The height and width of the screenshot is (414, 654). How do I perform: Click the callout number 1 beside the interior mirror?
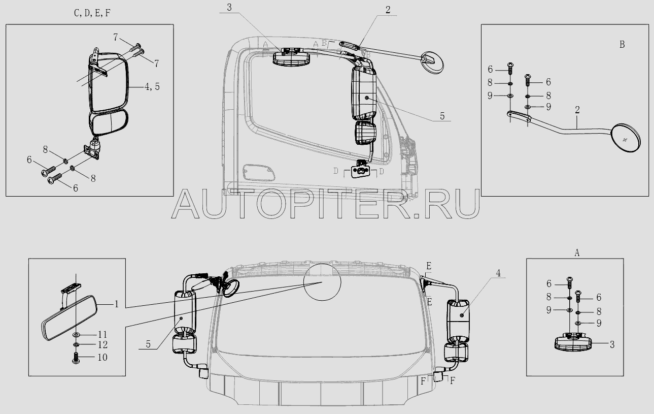click(x=117, y=304)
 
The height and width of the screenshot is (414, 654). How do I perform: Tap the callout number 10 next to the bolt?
click(x=102, y=357)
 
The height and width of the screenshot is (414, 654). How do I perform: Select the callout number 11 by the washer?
click(x=102, y=334)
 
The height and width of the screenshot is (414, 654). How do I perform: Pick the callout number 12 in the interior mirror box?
click(x=102, y=345)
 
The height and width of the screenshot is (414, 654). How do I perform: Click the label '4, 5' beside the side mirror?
click(x=152, y=86)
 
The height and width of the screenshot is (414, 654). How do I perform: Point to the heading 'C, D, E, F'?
click(x=92, y=13)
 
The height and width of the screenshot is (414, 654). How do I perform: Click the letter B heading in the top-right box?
click(x=622, y=44)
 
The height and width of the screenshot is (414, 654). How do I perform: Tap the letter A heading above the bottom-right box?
click(x=577, y=253)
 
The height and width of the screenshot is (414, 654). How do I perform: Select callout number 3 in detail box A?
click(x=612, y=345)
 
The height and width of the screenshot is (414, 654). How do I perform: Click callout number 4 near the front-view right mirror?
click(x=498, y=273)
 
